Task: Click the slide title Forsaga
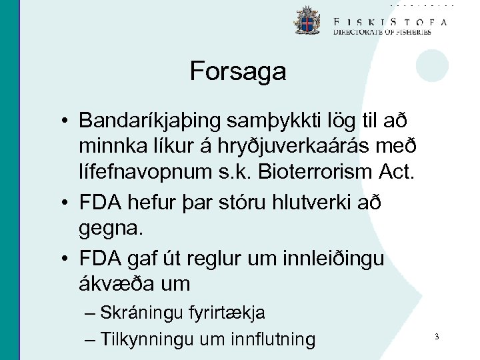(x=238, y=71)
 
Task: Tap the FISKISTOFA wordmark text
(x=390, y=21)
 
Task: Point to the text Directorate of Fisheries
(x=382, y=32)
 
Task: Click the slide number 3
(x=436, y=337)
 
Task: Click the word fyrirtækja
(x=227, y=312)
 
